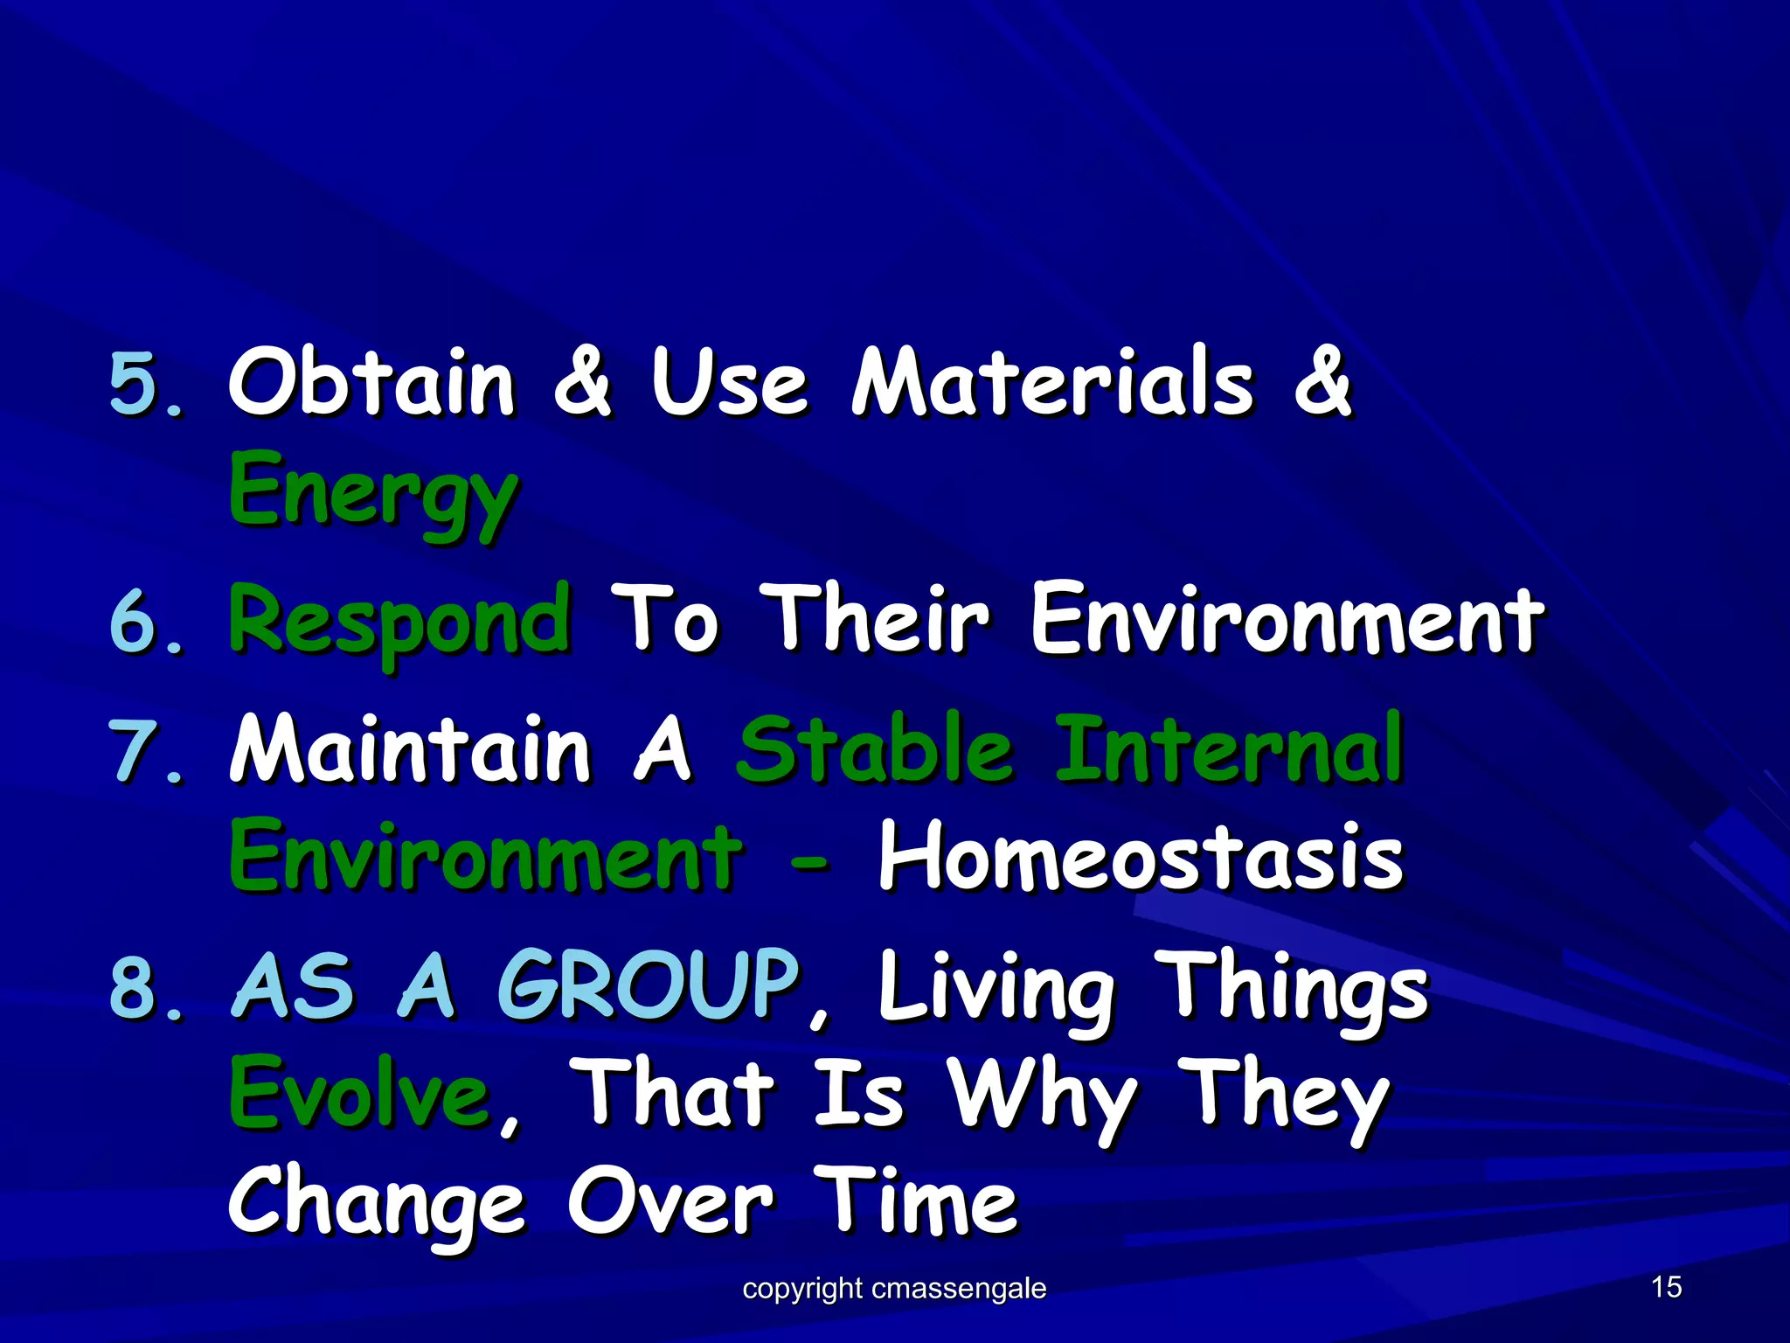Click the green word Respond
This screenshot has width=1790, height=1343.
click(x=399, y=622)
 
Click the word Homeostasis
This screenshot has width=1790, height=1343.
click(x=1140, y=857)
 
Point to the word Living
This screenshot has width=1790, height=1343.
click(x=996, y=988)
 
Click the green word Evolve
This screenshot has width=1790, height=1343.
click(x=358, y=1093)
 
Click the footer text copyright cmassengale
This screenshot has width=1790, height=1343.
click(x=893, y=1288)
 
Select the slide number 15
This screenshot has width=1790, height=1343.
click(x=1666, y=1287)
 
